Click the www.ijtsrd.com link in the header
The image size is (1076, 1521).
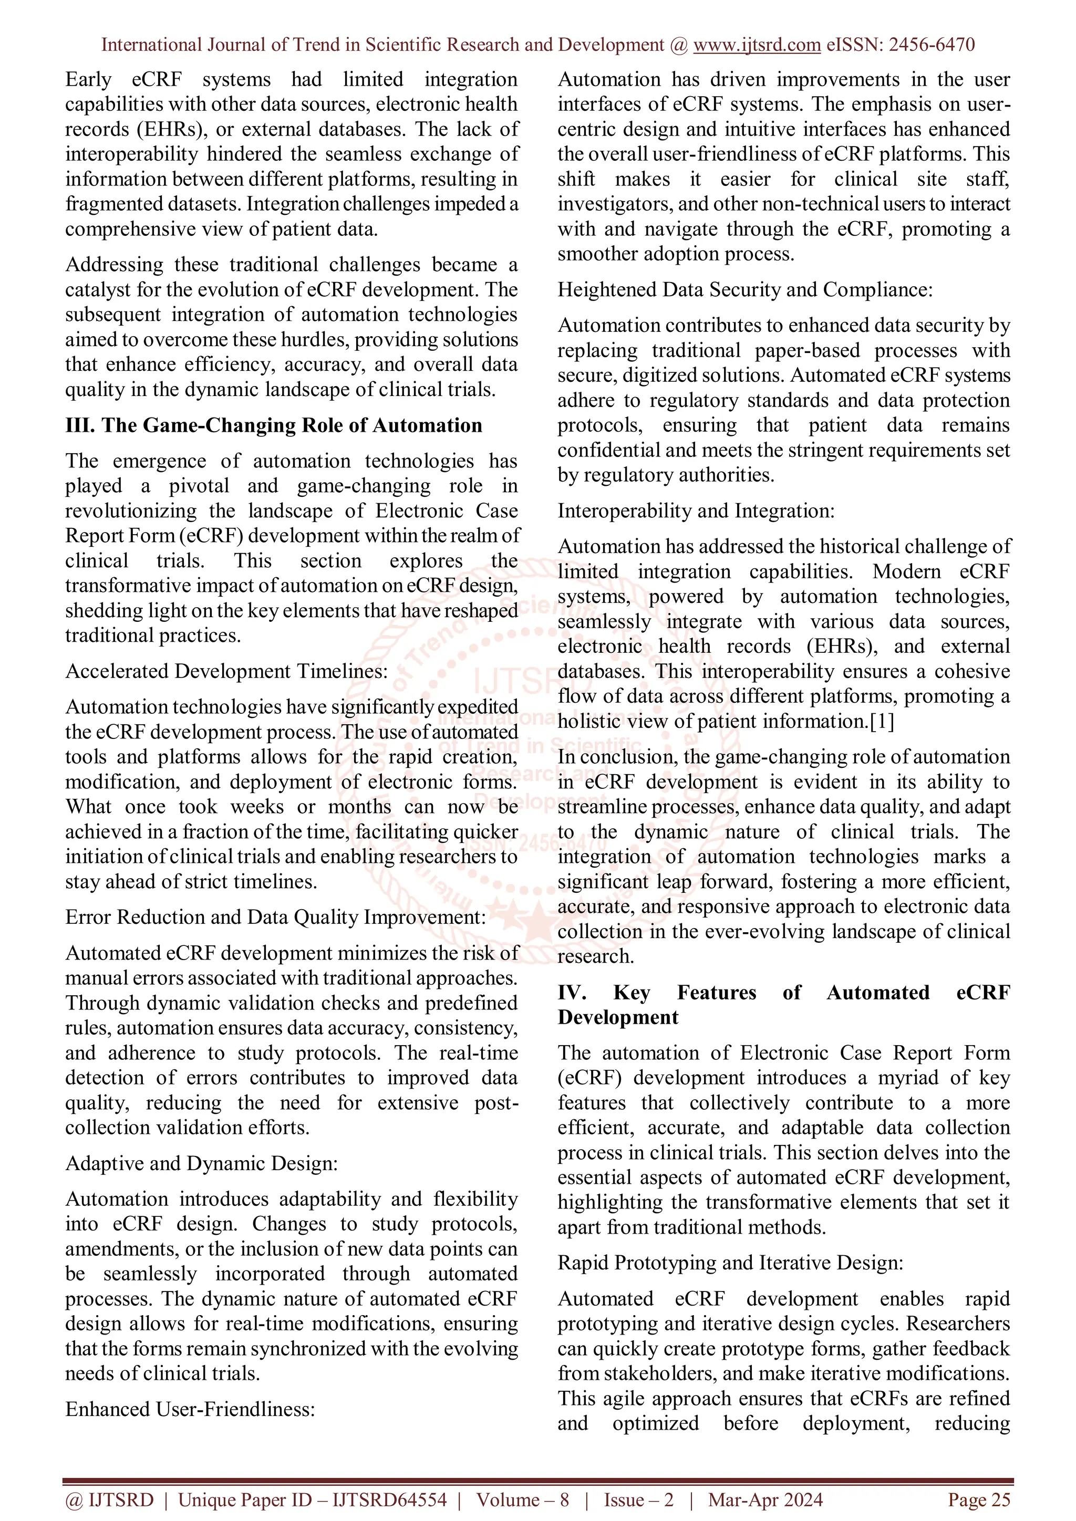coord(757,45)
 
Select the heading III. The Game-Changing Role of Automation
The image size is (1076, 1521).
coord(274,425)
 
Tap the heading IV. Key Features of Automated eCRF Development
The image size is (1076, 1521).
coord(783,1004)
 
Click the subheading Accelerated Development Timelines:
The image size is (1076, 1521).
coord(226,671)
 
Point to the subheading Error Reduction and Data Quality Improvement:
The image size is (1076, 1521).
coord(275,917)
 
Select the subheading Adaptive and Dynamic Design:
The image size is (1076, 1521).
coord(201,1163)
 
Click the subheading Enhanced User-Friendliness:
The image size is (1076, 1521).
coord(190,1409)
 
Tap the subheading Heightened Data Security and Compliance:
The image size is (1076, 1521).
coord(744,289)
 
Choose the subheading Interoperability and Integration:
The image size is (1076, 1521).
coord(696,511)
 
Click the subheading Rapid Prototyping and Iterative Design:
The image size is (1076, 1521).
coord(730,1263)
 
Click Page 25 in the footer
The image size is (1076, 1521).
coord(979,1500)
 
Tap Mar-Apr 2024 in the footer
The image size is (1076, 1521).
coord(765,1500)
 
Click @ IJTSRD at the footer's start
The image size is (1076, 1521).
coord(109,1500)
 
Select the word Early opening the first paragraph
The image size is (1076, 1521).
coord(88,79)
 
